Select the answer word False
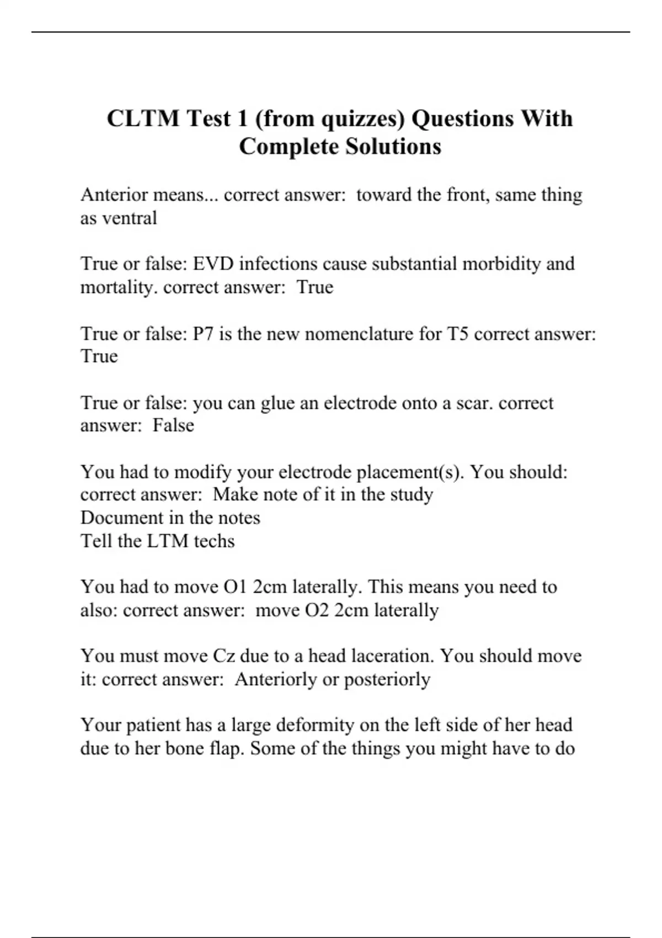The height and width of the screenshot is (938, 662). (173, 425)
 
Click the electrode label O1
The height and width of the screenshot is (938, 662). (235, 587)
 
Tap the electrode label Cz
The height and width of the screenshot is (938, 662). (223, 656)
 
